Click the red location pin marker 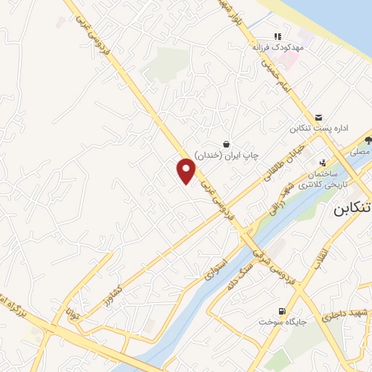coord(187,170)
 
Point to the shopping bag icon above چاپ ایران coord(227,144)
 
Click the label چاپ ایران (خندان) coord(234,155)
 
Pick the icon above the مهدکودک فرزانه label coord(277,36)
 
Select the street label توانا coord(71,315)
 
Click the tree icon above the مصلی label coord(368,140)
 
